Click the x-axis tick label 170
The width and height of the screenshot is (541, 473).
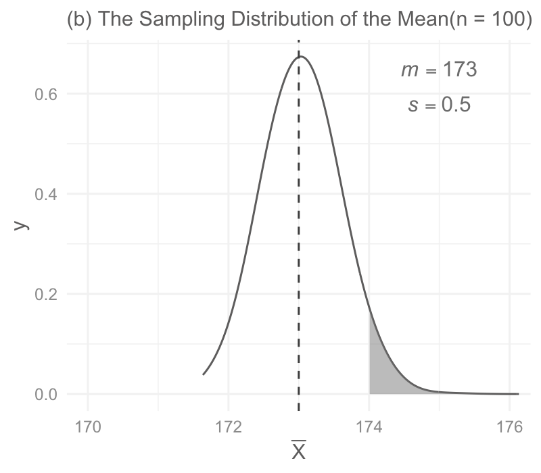pyautogui.click(x=88, y=427)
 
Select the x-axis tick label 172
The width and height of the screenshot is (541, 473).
pyautogui.click(x=229, y=427)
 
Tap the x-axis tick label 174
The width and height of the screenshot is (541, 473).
pyautogui.click(x=369, y=427)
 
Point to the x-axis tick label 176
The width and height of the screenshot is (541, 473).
pyautogui.click(x=510, y=427)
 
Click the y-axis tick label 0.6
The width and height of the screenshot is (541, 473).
pyautogui.click(x=46, y=94)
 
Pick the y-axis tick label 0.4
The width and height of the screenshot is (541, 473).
pyautogui.click(x=46, y=195)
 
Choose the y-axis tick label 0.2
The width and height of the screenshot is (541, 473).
pyautogui.click(x=46, y=295)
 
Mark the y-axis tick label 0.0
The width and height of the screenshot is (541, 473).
pyautogui.click(x=46, y=395)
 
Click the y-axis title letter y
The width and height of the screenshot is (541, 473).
pyautogui.click(x=21, y=225)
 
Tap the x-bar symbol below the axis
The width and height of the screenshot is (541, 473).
pyautogui.click(x=299, y=450)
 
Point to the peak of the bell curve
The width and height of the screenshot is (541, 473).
pyautogui.click(x=301, y=56)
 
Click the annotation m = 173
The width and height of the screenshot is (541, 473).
pyautogui.click(x=439, y=70)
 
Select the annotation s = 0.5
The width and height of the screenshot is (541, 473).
pyautogui.click(x=439, y=105)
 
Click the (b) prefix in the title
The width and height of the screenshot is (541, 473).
pyautogui.click(x=79, y=20)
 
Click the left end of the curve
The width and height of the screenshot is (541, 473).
pyautogui.click(x=204, y=374)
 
